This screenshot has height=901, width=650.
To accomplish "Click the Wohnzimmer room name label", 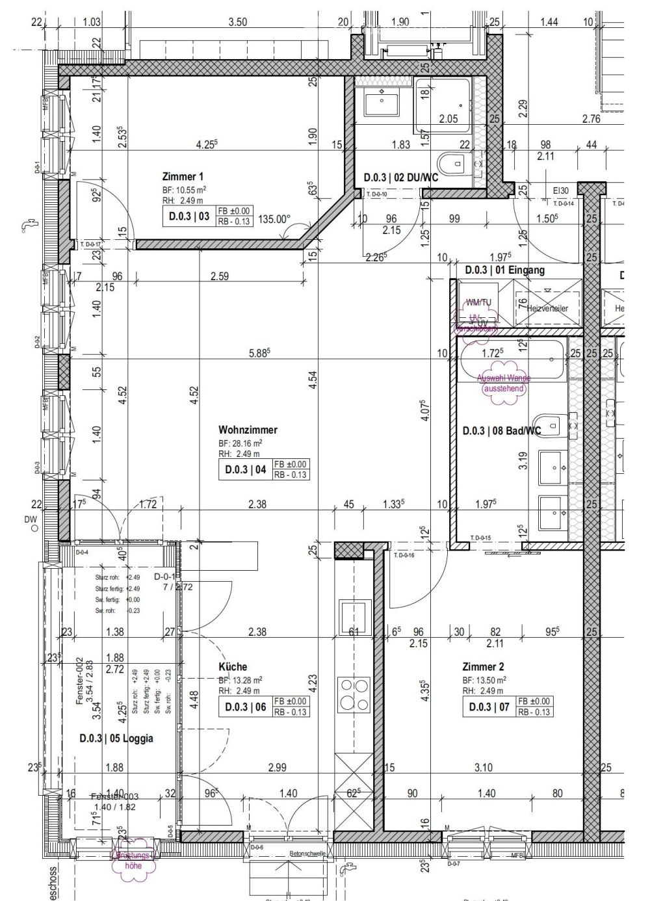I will click(x=248, y=430).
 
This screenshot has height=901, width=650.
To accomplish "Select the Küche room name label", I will click(x=233, y=667).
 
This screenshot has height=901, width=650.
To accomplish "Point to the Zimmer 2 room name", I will click(x=483, y=667).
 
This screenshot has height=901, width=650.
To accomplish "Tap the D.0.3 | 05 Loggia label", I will click(x=116, y=738).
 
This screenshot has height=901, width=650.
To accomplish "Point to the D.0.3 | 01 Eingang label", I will click(x=504, y=269).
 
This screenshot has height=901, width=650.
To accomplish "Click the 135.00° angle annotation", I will click(x=274, y=220).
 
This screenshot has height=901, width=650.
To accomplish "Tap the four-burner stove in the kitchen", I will click(x=352, y=694).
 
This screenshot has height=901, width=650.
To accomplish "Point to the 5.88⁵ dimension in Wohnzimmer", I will click(x=259, y=354).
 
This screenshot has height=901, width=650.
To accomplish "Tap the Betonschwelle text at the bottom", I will click(x=307, y=854).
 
